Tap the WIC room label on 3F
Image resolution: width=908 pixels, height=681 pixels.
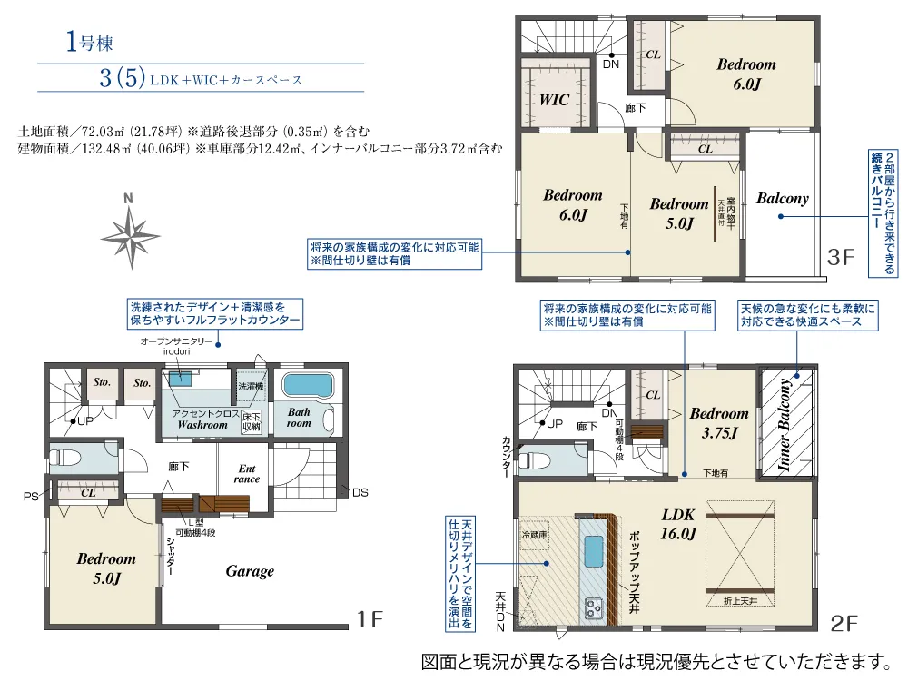tap(555, 100)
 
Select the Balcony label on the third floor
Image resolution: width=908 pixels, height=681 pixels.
tap(782, 199)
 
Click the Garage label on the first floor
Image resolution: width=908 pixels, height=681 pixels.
tap(250, 571)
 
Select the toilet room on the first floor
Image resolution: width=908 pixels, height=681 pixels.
tap(82, 457)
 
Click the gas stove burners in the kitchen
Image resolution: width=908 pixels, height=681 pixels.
tap(595, 606)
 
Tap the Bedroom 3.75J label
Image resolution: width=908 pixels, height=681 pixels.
tap(719, 423)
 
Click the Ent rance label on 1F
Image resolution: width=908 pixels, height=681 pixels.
tap(247, 474)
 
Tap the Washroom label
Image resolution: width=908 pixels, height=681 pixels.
tap(202, 424)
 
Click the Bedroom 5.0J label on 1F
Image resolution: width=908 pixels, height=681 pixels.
tap(105, 568)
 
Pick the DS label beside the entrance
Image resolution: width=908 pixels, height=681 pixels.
tap(360, 493)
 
